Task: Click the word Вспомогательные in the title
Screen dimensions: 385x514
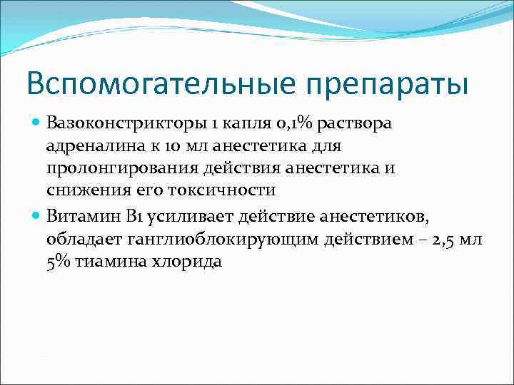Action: (x=147, y=84)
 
